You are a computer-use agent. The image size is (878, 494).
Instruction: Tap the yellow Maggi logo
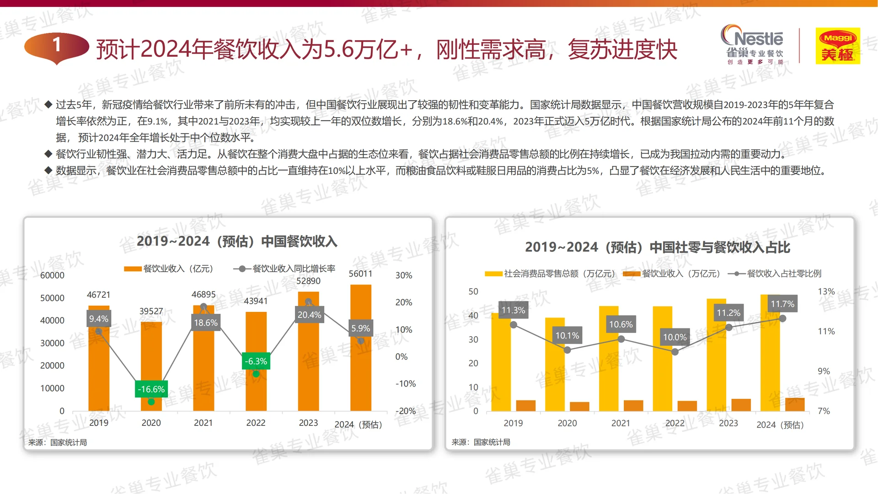point(838,46)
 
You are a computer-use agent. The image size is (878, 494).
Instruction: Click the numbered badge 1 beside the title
point(56,46)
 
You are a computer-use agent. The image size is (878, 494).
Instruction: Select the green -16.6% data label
point(151,389)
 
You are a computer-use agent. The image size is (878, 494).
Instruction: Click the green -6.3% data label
point(256,361)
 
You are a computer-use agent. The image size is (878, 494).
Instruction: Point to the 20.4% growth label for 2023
point(309,315)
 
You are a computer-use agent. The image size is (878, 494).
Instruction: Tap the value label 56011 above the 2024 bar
point(360,274)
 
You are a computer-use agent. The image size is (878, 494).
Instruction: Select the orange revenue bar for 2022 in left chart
point(256,361)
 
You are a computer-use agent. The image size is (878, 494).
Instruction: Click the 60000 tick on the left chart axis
point(52,275)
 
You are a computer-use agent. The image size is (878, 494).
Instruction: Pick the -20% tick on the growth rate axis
point(405,411)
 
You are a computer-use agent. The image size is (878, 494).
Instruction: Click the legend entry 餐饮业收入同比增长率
point(293,268)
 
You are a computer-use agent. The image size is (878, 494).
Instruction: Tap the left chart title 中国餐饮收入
point(237,241)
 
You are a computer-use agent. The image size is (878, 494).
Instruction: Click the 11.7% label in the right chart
point(782,304)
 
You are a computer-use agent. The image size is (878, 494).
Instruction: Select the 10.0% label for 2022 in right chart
point(675,338)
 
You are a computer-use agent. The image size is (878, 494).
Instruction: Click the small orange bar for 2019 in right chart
point(525,405)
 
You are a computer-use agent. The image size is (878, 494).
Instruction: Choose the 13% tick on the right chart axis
point(826,291)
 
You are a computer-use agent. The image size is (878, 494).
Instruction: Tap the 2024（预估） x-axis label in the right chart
point(780,424)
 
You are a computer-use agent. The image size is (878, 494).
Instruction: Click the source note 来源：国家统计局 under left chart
point(58,442)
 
